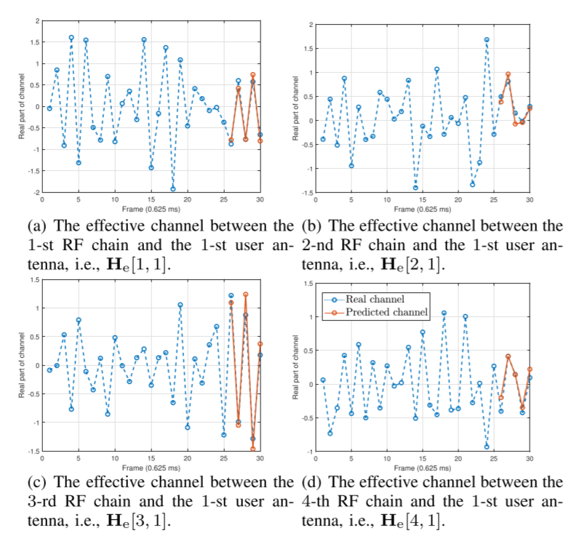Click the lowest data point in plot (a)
point(173,189)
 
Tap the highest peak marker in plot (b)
point(487,40)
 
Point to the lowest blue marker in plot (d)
point(487,446)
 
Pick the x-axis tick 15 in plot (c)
point(151,460)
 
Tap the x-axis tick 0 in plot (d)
point(316,460)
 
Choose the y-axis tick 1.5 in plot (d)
point(306,283)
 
